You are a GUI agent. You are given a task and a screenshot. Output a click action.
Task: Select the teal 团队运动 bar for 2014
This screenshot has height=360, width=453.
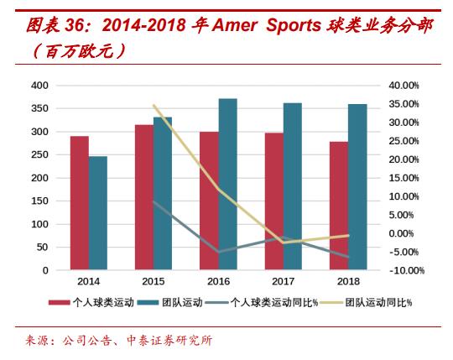point(98,213)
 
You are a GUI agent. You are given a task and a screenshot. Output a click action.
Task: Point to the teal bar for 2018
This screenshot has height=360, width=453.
point(358,187)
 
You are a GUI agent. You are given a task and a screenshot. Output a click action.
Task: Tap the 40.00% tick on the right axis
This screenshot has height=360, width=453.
point(404,86)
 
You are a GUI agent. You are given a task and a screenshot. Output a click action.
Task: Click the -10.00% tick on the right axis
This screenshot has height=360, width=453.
point(404,270)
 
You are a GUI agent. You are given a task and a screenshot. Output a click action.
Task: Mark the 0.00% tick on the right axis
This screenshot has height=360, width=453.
point(406,233)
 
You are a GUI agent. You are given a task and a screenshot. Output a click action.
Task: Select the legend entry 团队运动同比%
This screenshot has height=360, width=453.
point(377,302)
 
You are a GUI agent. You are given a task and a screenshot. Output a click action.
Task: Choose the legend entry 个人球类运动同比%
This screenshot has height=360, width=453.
point(273,302)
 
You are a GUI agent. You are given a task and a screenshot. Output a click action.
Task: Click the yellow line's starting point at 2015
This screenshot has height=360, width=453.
point(154,105)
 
